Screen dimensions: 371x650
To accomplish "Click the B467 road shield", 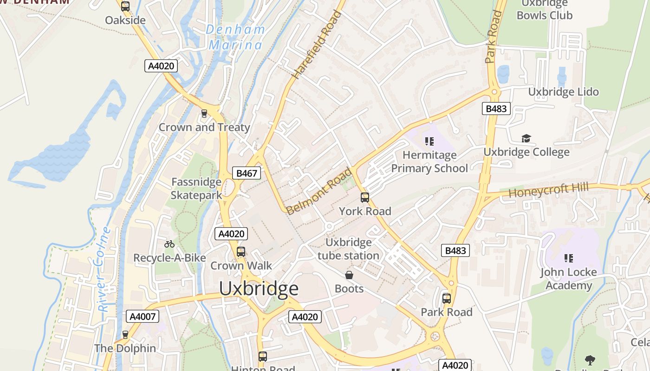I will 246,173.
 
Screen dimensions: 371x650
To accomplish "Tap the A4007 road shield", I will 143,316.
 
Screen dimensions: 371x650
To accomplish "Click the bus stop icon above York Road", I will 365,198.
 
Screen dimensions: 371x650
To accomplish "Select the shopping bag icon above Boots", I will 349,275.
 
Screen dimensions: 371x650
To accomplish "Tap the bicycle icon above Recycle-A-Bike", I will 169,244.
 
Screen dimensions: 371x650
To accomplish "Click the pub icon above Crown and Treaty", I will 204,114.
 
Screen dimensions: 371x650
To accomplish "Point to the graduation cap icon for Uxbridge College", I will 526,139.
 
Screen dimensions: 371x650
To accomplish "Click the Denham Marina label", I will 236,37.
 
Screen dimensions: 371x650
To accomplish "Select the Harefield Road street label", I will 317,45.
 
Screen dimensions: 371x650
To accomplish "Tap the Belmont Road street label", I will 319,192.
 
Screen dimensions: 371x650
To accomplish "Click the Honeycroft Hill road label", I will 548,190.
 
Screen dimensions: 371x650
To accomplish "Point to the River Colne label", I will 104,269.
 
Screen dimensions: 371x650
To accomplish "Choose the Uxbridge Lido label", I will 563,92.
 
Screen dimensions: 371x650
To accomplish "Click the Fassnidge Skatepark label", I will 196,188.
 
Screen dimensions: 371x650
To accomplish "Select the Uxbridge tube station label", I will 348,249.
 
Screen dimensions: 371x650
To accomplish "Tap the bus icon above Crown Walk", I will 240,252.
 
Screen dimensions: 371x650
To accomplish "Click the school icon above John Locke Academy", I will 568,258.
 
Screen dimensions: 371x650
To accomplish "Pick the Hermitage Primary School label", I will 429,161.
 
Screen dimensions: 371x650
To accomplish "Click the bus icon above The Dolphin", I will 125,334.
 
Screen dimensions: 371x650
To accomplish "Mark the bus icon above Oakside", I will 125,6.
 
